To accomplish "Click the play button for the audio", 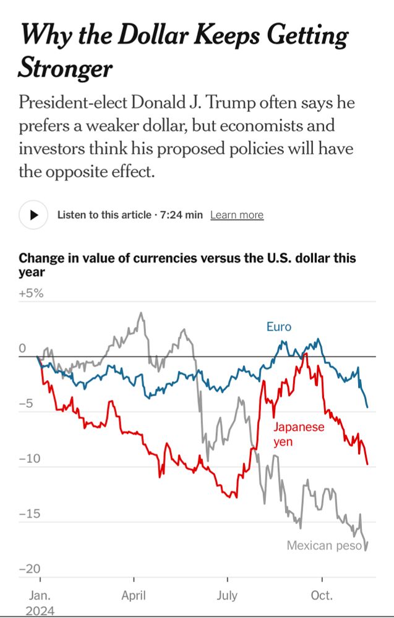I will coord(34,214).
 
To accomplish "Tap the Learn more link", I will coord(236,215).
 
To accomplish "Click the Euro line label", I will coord(278,326).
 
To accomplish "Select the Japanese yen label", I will coord(298,434).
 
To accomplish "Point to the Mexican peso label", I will coord(323,546).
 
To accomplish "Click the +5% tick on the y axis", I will coord(32,293).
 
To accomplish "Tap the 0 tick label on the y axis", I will coord(22,349).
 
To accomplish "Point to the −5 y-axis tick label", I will coord(28,404).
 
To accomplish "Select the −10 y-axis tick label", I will coord(30,459).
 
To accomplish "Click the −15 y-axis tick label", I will coord(30,514).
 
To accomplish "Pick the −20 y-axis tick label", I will coord(30,569).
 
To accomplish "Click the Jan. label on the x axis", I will coord(40,596).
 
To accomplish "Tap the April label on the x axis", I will coord(134,596).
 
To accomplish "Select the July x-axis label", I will coord(227,596).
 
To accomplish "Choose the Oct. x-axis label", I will coord(322,596).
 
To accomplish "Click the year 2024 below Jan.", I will coord(40,611).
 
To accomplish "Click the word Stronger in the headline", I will coord(66,68).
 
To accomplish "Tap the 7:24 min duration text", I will coord(181,215).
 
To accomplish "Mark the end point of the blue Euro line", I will coord(367,407).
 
